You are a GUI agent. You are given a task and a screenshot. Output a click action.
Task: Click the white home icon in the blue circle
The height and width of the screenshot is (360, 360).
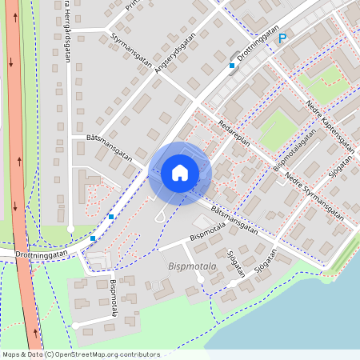pos(179,173)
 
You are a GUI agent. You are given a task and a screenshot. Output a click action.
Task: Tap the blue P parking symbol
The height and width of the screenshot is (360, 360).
pos(282,38)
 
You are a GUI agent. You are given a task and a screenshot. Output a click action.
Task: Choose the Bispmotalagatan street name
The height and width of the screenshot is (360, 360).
pos(292,152)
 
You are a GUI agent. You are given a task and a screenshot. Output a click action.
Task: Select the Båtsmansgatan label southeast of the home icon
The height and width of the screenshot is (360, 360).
pos(234,218)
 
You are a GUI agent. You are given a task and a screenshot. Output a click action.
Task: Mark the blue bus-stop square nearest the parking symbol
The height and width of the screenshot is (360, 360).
pos(232,66)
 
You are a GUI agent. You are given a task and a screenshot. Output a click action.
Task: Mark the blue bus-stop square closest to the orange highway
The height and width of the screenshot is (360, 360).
pos(93,238)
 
